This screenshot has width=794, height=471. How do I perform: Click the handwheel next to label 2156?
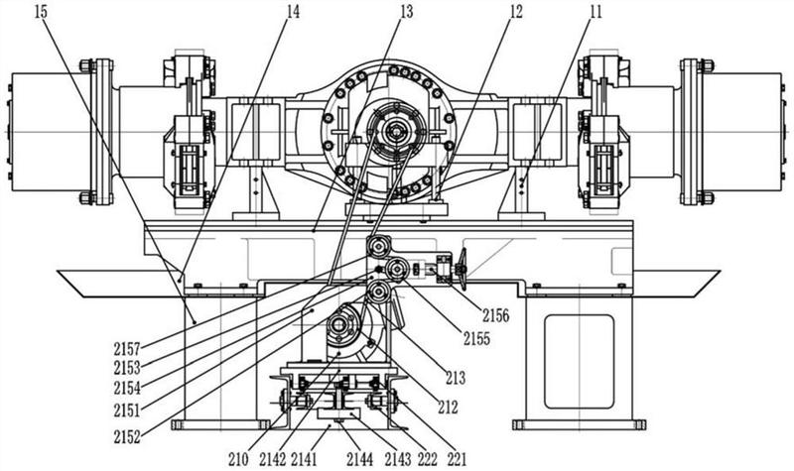[x=461, y=269]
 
